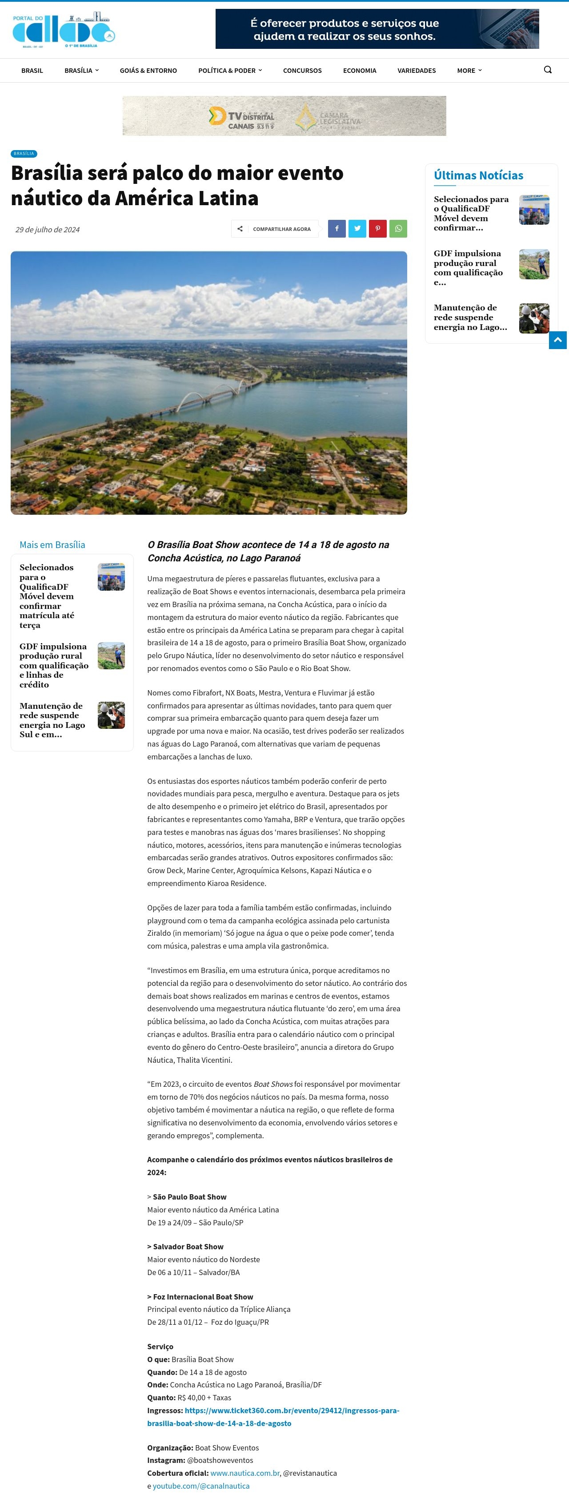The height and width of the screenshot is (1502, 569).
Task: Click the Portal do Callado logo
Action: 63,30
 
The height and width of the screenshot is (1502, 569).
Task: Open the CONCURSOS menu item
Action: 302,71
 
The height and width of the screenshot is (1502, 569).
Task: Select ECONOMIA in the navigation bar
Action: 360,71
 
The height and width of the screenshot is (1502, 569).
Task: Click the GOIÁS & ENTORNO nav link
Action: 148,71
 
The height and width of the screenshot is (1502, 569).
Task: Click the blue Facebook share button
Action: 337,229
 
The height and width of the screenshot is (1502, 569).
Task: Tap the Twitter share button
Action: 357,229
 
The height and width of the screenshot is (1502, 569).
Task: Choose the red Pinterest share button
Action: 377,229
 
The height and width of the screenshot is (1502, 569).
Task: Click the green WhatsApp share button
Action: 398,229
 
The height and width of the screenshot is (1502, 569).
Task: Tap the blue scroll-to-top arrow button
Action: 557,340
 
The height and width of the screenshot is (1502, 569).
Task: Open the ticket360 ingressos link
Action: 272,1416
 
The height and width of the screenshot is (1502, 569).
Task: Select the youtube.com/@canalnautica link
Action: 201,1486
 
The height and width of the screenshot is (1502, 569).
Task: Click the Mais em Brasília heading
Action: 52,544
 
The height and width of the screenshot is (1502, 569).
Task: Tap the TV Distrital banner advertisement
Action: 284,116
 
